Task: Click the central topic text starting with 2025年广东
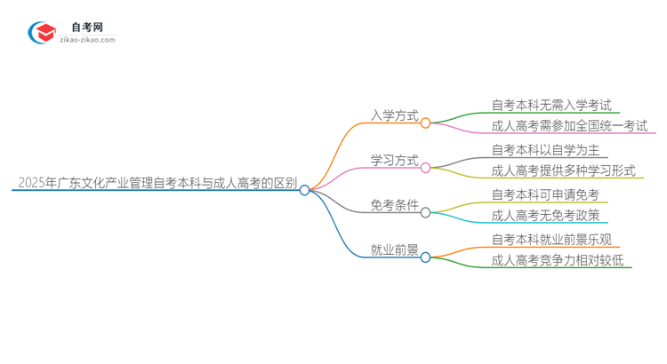pyautogui.click(x=157, y=184)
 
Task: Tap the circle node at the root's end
pyautogui.click(x=304, y=190)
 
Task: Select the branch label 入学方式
pyautogui.click(x=395, y=115)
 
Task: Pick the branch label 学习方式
pyautogui.click(x=395, y=160)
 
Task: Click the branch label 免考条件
pyautogui.click(x=395, y=205)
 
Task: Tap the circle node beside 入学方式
pyautogui.click(x=425, y=123)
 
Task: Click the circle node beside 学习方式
pyautogui.click(x=425, y=168)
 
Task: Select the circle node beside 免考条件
pyautogui.click(x=425, y=213)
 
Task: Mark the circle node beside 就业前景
pyautogui.click(x=425, y=257)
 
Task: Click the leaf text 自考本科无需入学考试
pyautogui.click(x=551, y=105)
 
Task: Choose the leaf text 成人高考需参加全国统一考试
pyautogui.click(x=569, y=126)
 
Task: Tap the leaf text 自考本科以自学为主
pyautogui.click(x=546, y=149)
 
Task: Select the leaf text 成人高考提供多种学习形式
pyautogui.click(x=564, y=170)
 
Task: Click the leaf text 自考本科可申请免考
pyautogui.click(x=546, y=194)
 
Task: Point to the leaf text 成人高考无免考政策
pyautogui.click(x=546, y=216)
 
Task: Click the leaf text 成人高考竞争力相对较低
pyautogui.click(x=558, y=260)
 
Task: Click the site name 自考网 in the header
pyautogui.click(x=86, y=27)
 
